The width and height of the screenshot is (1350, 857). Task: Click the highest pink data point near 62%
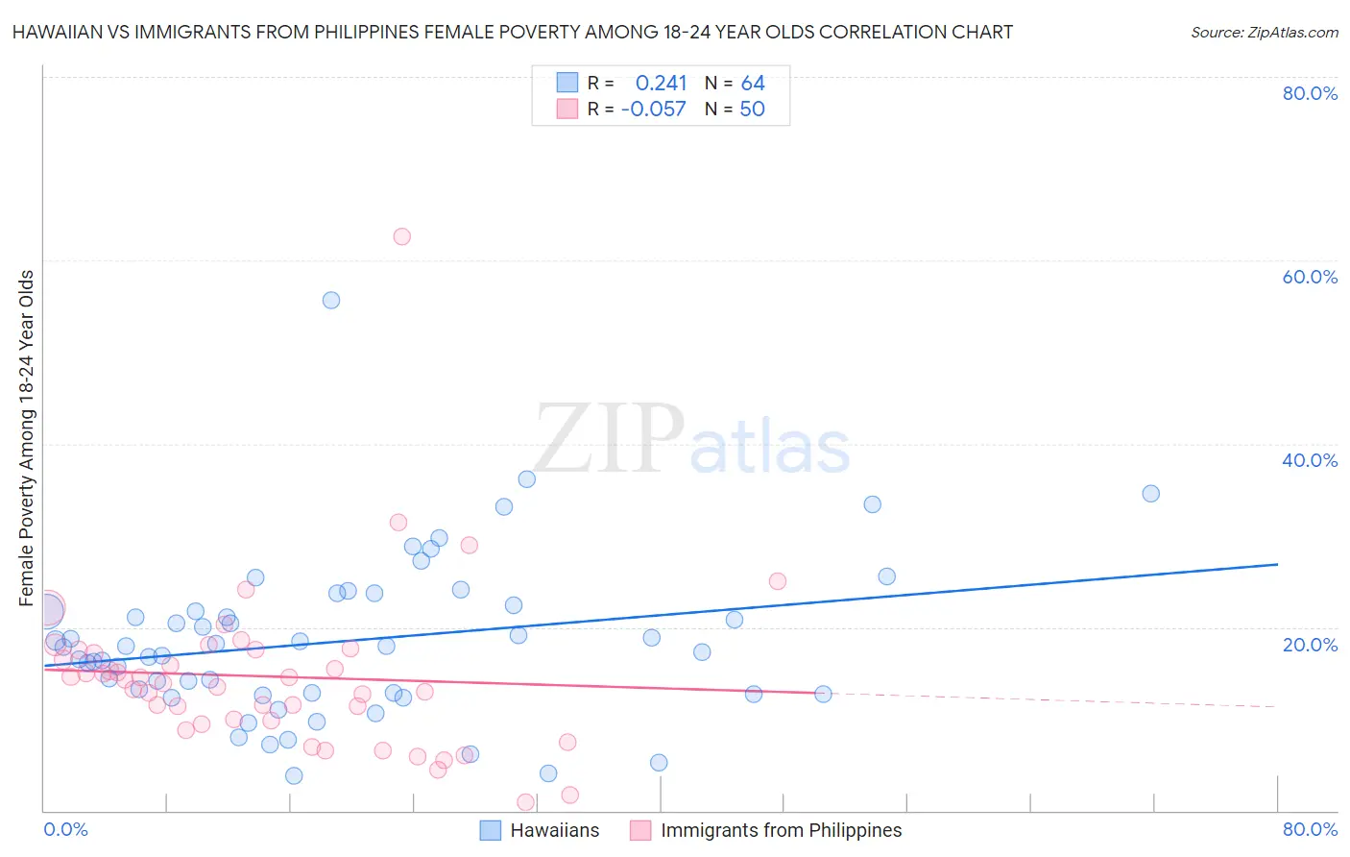401,236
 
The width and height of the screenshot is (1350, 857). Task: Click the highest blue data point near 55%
331,300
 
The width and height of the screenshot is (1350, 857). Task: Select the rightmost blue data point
1150,494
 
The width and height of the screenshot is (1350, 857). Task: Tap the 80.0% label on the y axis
1310,93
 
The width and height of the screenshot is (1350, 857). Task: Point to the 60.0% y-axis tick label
1310,277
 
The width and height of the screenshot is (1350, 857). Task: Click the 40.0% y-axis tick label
1310,460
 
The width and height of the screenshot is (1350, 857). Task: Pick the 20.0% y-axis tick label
1310,644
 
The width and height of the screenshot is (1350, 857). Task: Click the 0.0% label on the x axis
65,829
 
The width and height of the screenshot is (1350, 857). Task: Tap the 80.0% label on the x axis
1310,829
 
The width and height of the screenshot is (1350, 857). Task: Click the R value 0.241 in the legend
661,84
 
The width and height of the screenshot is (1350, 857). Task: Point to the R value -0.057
654,110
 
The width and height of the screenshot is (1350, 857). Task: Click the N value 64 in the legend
753,84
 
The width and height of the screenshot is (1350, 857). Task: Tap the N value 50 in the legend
753,110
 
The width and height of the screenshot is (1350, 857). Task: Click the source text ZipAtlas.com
1264,33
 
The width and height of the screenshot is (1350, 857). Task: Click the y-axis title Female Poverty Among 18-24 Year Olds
27,438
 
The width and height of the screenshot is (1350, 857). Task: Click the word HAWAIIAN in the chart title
56,33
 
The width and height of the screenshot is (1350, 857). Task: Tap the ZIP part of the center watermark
609,440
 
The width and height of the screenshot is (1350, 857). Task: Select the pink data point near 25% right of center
778,581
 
